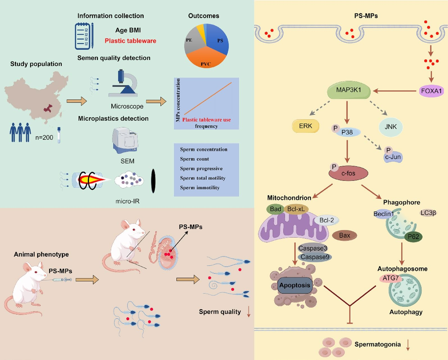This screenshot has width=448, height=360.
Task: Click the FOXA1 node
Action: (x=431, y=91)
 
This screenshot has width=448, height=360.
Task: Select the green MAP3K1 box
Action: (x=349, y=90)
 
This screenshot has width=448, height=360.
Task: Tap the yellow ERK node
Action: (x=306, y=126)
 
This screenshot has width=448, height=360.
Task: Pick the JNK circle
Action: (x=390, y=127)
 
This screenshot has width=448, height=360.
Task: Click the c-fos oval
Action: (x=348, y=173)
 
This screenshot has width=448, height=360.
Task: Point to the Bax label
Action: (x=345, y=235)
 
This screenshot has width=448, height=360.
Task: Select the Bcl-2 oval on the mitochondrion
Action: (x=327, y=220)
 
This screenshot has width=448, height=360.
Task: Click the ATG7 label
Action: (x=390, y=278)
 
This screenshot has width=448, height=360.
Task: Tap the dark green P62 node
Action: (x=413, y=237)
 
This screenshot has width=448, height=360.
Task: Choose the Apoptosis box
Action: (x=295, y=285)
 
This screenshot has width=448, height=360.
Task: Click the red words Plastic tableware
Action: (x=130, y=41)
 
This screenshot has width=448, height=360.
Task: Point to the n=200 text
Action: (x=44, y=137)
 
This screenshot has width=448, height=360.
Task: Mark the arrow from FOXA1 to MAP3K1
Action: (x=394, y=91)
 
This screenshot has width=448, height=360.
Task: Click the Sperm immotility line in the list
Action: (x=200, y=188)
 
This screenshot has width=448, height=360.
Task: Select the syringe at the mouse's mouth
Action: (x=62, y=280)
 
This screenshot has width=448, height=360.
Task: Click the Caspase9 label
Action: (x=315, y=257)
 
